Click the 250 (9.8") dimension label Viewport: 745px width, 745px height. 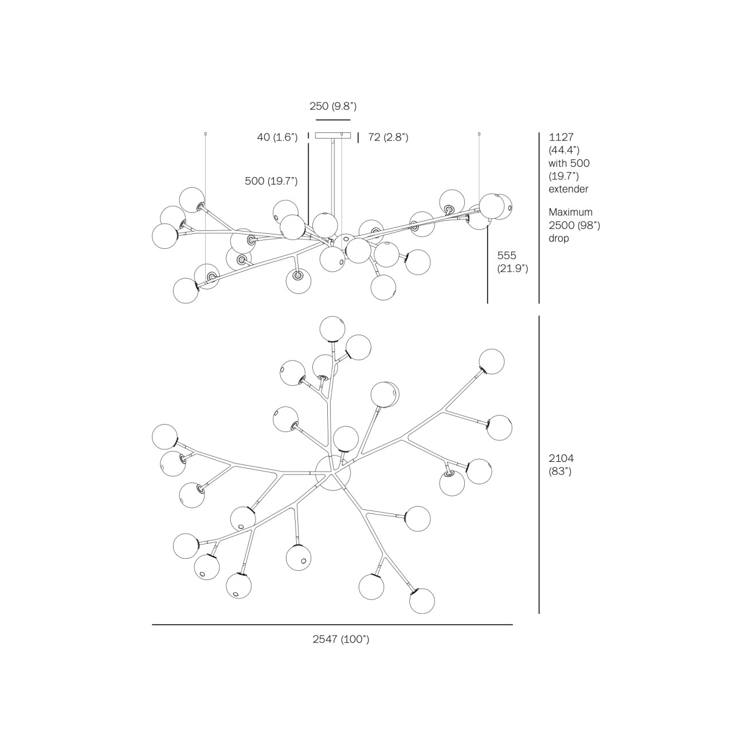coord(333,106)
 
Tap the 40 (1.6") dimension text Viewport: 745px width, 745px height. coord(277,137)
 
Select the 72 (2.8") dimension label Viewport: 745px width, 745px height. coord(388,137)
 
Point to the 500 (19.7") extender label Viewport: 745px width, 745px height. coord(271,181)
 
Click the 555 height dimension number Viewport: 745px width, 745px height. coord(507,255)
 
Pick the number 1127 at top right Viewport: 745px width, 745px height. coord(562,137)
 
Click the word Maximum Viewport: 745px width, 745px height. coord(570,212)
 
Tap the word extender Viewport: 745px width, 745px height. coord(568,189)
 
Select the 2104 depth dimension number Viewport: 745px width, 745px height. coord(562,458)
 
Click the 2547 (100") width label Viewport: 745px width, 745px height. coord(341,639)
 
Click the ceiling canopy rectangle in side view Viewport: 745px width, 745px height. coord(333,135)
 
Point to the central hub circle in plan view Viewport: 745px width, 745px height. coord(333,472)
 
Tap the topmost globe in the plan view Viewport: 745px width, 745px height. coord(332,328)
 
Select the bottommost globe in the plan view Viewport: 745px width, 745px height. coord(422,601)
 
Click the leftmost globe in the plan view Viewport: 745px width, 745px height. coord(164,437)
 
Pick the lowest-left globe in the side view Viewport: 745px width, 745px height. coord(186,291)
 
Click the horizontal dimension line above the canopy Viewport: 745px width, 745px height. coord(333,120)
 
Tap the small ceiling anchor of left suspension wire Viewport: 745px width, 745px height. coord(205,134)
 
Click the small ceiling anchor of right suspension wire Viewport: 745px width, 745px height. coord(480,134)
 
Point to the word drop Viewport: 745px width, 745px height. coord(559,238)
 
